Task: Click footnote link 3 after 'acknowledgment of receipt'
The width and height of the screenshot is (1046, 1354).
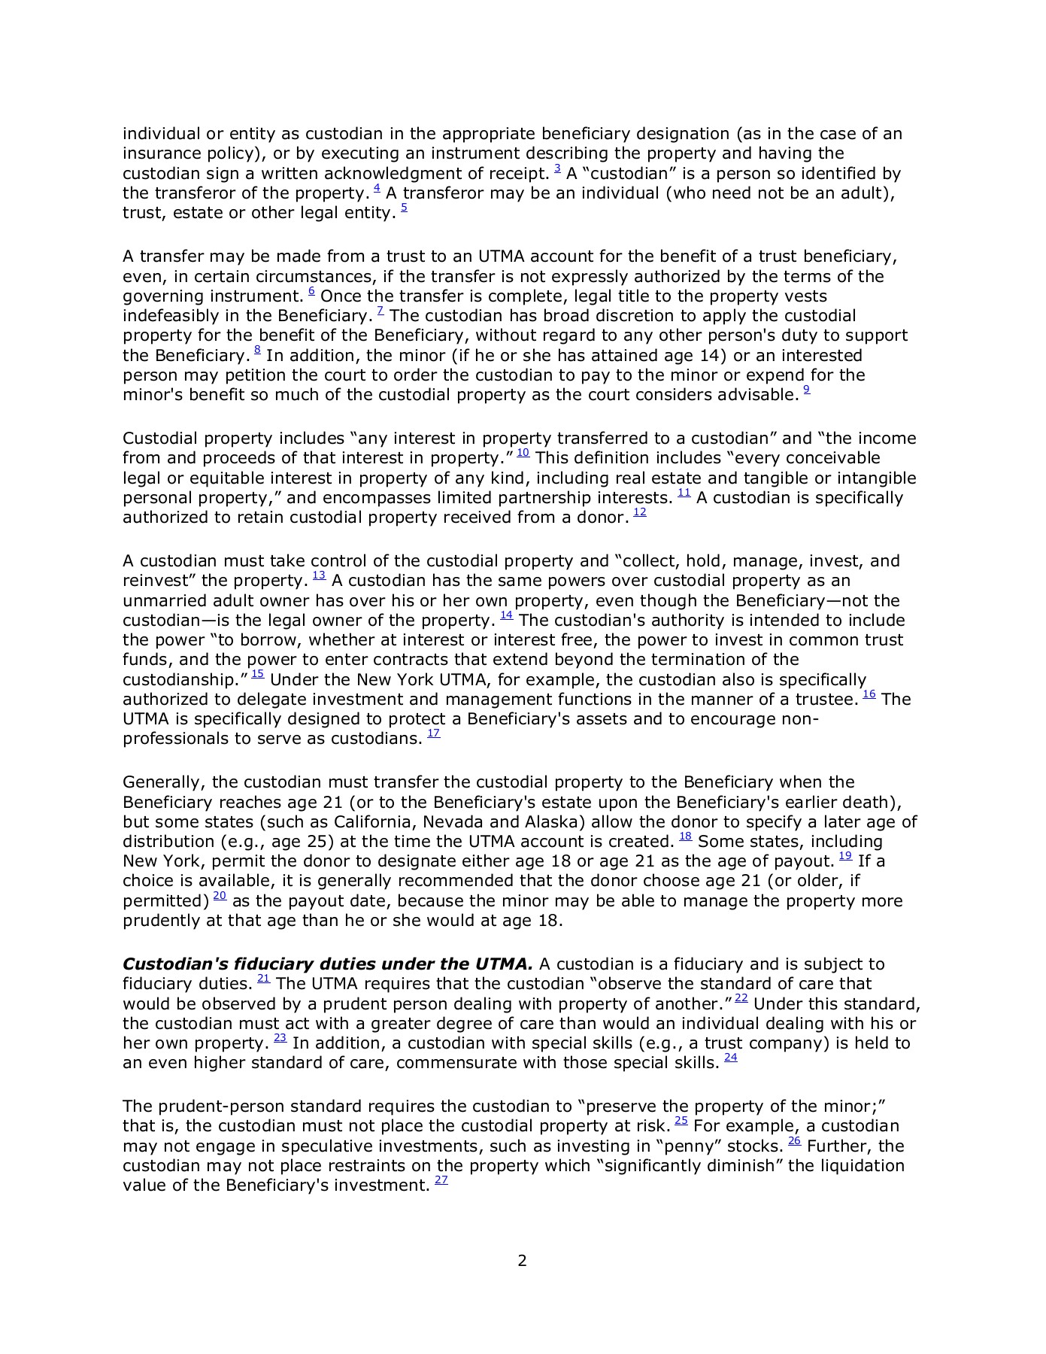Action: pos(557,169)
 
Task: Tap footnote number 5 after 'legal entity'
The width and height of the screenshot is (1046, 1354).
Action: pos(404,208)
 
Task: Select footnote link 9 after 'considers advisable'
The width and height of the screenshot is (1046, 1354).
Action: pos(807,390)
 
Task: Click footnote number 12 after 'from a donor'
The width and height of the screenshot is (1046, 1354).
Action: pos(640,513)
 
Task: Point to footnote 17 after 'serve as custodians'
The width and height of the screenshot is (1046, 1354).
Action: pos(433,734)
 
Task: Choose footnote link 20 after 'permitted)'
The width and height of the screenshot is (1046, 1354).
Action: pos(220,896)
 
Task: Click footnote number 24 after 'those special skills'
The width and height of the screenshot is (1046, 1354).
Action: pos(730,1058)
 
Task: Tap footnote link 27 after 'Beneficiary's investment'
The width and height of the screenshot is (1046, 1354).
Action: pos(441,1181)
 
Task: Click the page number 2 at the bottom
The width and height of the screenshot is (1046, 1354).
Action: pos(523,1261)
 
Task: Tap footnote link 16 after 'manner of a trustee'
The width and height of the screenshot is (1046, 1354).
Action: pos(869,695)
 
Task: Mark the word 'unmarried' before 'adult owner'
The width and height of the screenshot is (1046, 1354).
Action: pos(160,601)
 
